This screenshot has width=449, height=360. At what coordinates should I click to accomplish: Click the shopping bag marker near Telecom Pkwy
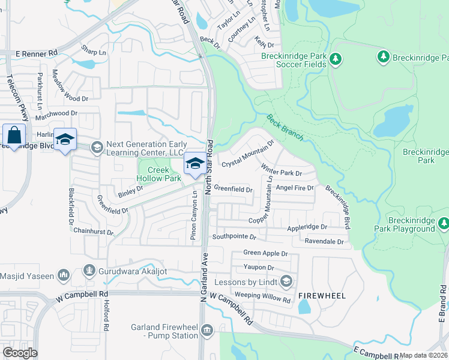14,136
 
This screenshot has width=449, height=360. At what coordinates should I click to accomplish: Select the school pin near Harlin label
65,140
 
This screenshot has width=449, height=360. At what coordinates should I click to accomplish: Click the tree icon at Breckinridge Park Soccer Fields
336,59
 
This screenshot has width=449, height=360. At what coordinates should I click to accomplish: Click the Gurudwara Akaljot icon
89,271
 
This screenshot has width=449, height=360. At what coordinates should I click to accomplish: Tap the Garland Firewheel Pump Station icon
207,331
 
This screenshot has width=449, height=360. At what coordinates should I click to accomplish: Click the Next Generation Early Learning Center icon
96,147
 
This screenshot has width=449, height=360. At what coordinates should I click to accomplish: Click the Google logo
20,352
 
